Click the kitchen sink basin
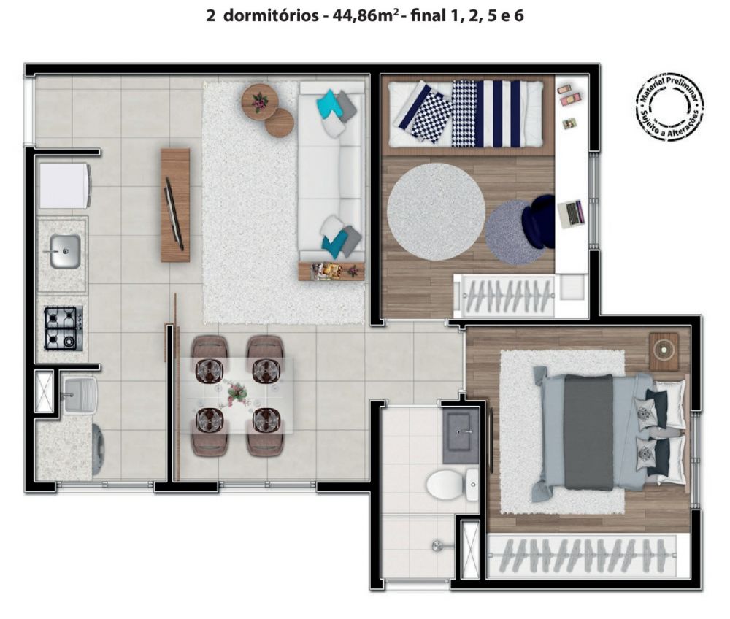click(x=65, y=251)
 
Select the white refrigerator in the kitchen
click(x=65, y=185)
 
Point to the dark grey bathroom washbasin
click(x=461, y=435)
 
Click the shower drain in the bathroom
click(x=437, y=545)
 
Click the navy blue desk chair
click(x=539, y=222)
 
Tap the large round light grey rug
click(x=437, y=211)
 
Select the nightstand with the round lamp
click(x=664, y=351)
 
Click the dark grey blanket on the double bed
click(x=588, y=432)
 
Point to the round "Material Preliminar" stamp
click(x=669, y=106)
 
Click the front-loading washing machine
click(x=99, y=449)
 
